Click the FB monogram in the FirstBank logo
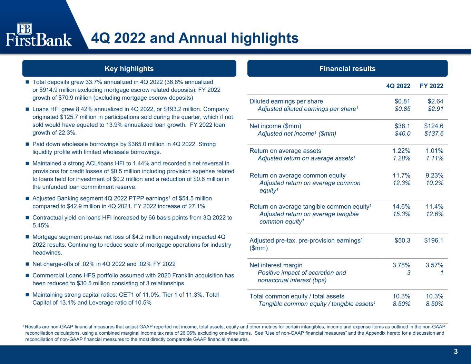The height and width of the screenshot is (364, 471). tap(24, 29)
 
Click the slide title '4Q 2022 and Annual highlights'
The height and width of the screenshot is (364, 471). tap(195, 38)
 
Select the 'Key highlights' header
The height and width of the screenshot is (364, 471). tap(129, 68)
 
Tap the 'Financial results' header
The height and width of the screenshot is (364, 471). tap(347, 68)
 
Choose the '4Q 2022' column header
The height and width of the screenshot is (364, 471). tap(398, 86)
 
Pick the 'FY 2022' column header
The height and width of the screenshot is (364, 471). tap(432, 86)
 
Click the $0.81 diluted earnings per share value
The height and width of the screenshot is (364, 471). tap(402, 101)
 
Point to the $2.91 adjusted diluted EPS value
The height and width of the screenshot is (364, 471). tap(435, 109)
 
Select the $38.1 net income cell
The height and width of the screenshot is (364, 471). tap(402, 126)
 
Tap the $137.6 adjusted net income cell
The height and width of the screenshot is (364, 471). tap(434, 134)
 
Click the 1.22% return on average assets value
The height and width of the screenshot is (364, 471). tap(401, 150)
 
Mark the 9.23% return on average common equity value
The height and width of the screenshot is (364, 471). tap(434, 175)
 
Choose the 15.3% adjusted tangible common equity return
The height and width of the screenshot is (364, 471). tap(401, 214)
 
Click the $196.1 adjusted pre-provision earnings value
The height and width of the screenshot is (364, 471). tap(434, 240)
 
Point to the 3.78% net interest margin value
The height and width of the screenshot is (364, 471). tap(401, 265)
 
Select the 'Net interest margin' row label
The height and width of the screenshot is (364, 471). tap(276, 265)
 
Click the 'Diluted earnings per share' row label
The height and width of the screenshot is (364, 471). tap(286, 101)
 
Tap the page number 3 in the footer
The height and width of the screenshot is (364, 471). tap(455, 352)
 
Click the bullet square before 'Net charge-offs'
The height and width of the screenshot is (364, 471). tap(27, 264)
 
